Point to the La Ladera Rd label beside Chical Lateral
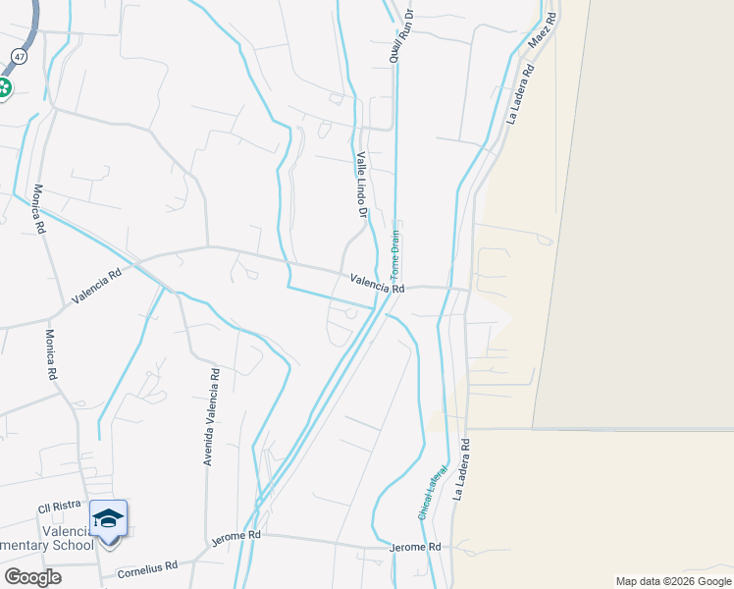coord(461,469)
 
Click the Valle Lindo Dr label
coord(361,185)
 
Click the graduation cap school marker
coord(108,518)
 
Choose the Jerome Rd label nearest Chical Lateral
coord(415,547)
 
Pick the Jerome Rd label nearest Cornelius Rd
coord(236,537)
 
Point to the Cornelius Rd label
coord(147,568)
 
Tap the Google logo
coord(32,576)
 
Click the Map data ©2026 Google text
coord(673,581)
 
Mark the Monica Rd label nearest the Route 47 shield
coord(39,209)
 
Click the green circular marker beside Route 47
coord(3,88)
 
